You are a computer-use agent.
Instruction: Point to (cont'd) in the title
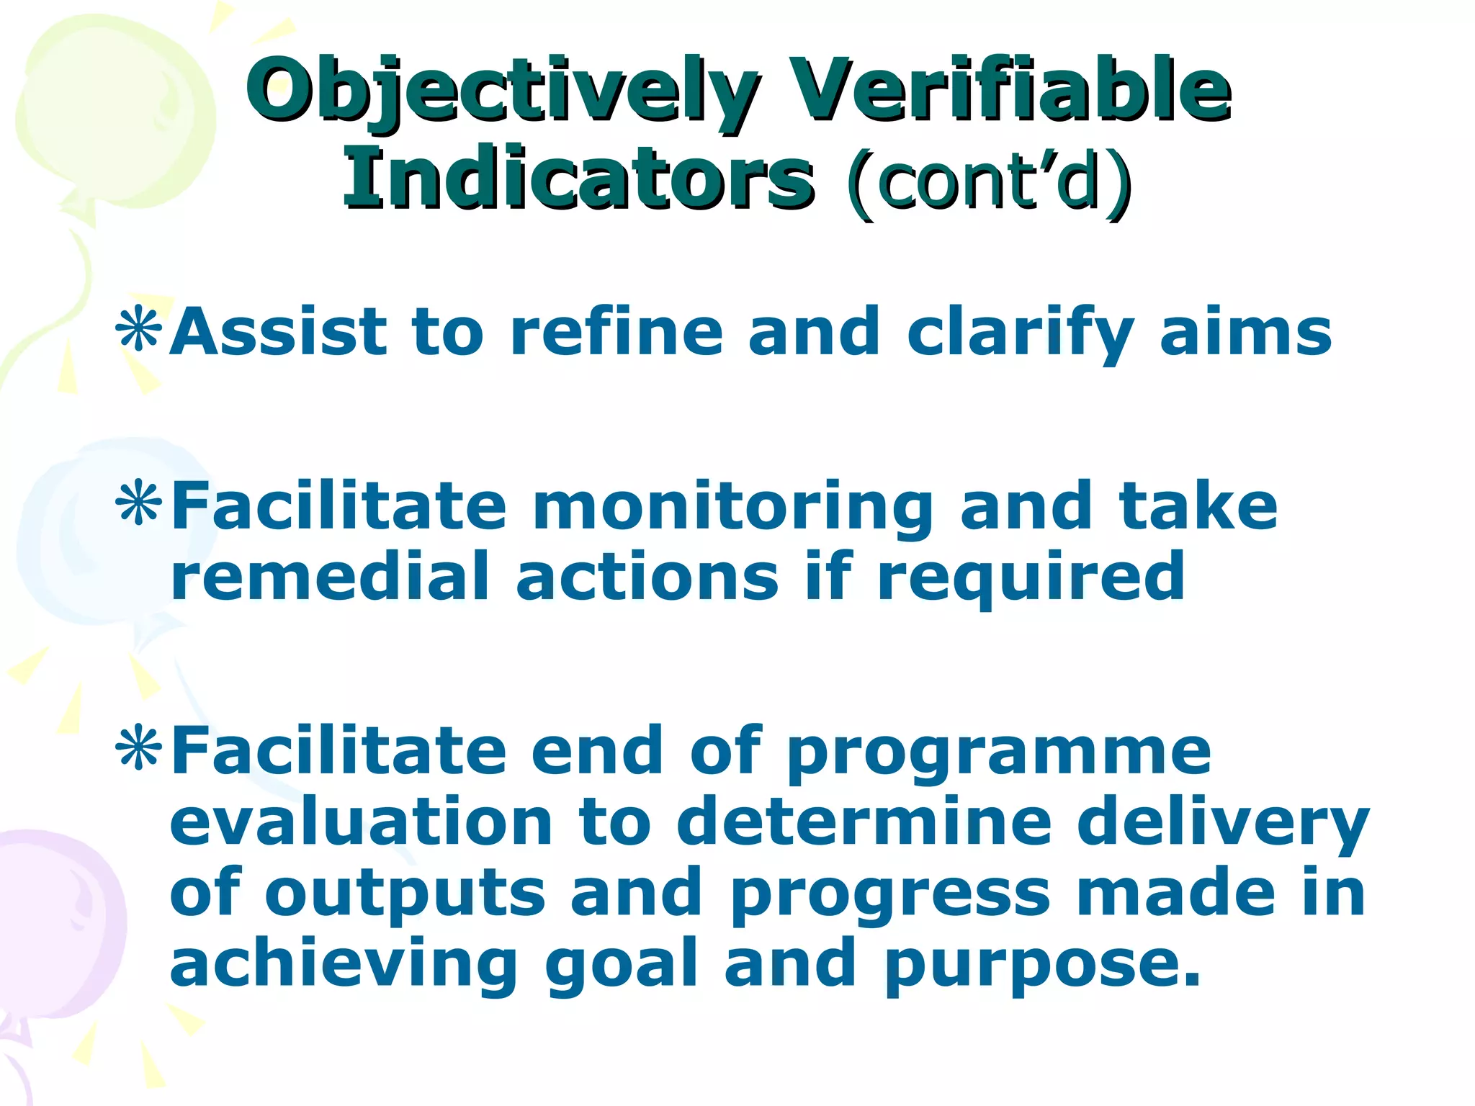[x=988, y=180]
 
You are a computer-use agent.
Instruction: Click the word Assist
[x=279, y=332]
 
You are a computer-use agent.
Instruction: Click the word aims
[x=1246, y=332]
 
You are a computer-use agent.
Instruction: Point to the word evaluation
[x=361, y=822]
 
